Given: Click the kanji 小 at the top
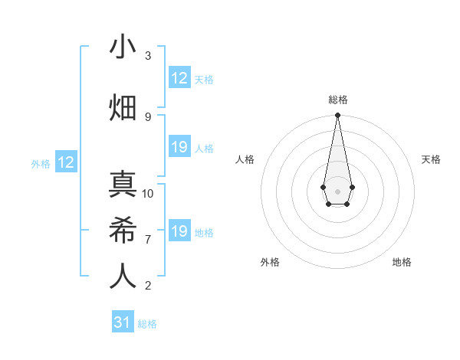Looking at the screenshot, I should [123, 47].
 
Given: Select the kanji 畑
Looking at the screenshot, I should [123, 108].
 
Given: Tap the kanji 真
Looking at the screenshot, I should [123, 185].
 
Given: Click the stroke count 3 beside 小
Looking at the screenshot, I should [148, 56].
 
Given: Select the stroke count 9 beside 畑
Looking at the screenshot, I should [148, 116].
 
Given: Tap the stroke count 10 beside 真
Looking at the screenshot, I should [148, 194].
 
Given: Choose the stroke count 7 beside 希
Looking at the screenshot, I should [148, 240].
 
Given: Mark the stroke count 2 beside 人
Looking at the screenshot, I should [148, 286].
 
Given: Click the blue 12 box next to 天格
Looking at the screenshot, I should [179, 78].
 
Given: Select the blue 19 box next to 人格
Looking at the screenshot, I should [179, 147].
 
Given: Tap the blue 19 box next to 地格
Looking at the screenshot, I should [179, 231].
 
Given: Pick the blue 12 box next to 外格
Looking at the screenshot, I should [66, 162].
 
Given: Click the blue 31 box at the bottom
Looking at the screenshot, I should [122, 322].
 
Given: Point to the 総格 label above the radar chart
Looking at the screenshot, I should [337, 100].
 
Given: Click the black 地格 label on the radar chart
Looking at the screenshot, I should [402, 263].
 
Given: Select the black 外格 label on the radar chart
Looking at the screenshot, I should [270, 263].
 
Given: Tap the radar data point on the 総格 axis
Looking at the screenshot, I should [337, 116].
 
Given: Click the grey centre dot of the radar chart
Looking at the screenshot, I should [337, 191].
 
